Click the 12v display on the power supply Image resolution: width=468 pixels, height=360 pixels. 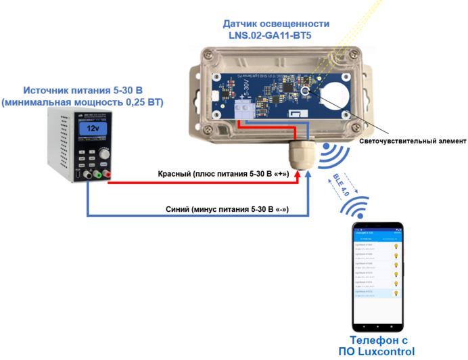pos(94,128)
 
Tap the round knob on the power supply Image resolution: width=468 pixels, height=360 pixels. pos(104,154)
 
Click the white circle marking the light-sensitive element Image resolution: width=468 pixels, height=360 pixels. pos(306,92)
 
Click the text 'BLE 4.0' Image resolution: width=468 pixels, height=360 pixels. pos(341,184)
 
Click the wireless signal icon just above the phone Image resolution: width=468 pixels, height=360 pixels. pos(358,206)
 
